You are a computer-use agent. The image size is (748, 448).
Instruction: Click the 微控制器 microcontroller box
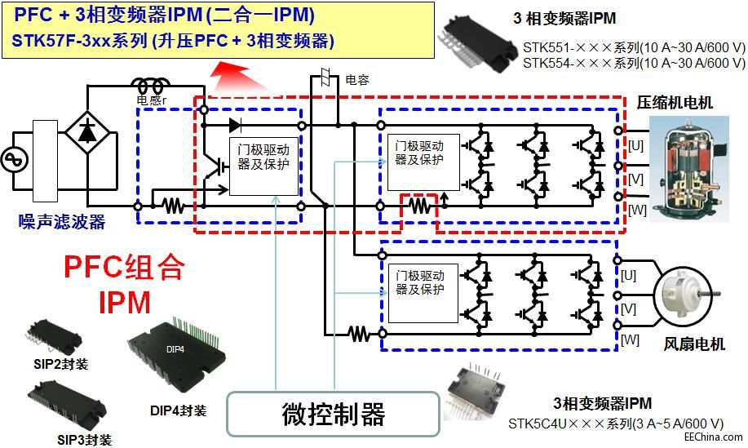click(334, 414)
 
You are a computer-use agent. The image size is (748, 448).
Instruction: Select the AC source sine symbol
click(15, 159)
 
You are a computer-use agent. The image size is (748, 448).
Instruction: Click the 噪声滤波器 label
click(62, 221)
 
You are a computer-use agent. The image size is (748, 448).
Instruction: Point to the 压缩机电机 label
click(675, 103)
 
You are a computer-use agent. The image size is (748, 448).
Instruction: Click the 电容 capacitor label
click(357, 80)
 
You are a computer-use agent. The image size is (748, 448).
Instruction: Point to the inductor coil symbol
click(151, 86)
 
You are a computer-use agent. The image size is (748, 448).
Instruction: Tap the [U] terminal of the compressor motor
click(635, 144)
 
